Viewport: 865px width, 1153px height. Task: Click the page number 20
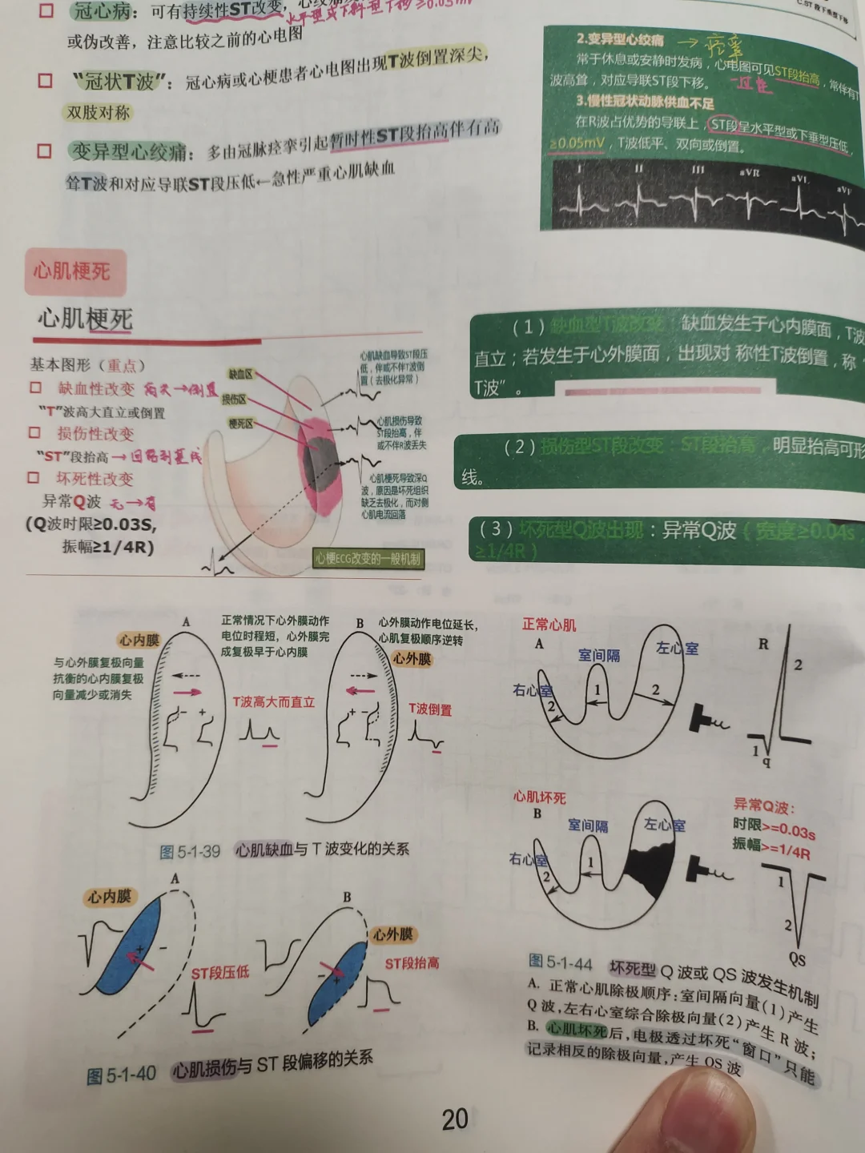pos(455,1119)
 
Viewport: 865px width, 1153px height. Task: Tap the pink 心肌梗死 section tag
pos(71,271)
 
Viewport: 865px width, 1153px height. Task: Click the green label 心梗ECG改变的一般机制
pos(368,559)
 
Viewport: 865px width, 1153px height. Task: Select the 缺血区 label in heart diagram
pos(240,374)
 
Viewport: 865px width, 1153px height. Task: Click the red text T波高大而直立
pos(273,702)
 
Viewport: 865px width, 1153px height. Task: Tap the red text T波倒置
pos(430,709)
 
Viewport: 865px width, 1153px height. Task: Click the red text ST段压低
pos(220,973)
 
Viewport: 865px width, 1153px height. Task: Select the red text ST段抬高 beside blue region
pos(412,963)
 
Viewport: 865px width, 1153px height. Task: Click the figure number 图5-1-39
pos(190,852)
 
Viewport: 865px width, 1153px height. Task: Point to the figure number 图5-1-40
pos(121,1075)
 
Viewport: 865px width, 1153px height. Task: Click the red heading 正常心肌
pos(549,625)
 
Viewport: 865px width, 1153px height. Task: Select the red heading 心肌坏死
pos(539,797)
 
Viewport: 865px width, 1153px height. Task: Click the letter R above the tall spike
pos(762,644)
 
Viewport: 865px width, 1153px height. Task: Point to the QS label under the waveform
pos(797,959)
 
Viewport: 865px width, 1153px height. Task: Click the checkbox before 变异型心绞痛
pos(45,151)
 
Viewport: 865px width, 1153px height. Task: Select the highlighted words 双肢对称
pos(99,113)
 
